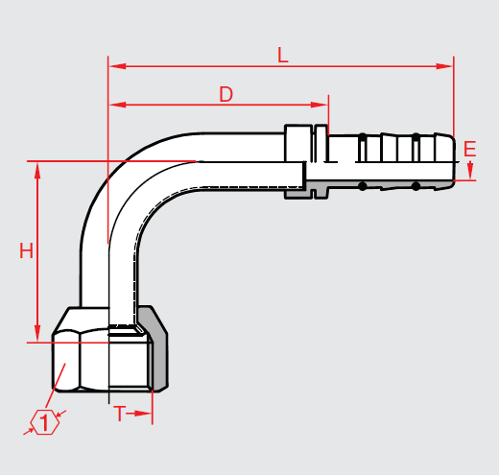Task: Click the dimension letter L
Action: [283, 55]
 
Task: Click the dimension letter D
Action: [226, 94]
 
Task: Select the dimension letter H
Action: [26, 250]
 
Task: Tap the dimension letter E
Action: [469, 149]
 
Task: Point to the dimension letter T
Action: [120, 414]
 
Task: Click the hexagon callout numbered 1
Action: [45, 422]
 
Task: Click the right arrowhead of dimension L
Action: [444, 66]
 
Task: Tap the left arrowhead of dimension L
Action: [117, 66]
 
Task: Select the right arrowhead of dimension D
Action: [320, 105]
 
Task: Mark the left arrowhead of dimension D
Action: [117, 105]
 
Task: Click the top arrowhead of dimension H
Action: [37, 170]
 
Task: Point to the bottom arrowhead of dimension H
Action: [37, 334]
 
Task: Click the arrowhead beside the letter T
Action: [143, 414]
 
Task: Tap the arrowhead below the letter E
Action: [470, 171]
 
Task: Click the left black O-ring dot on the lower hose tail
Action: [362, 186]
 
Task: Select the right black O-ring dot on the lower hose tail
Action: [416, 186]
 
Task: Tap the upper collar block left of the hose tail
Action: [298, 143]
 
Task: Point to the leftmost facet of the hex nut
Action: [66, 361]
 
